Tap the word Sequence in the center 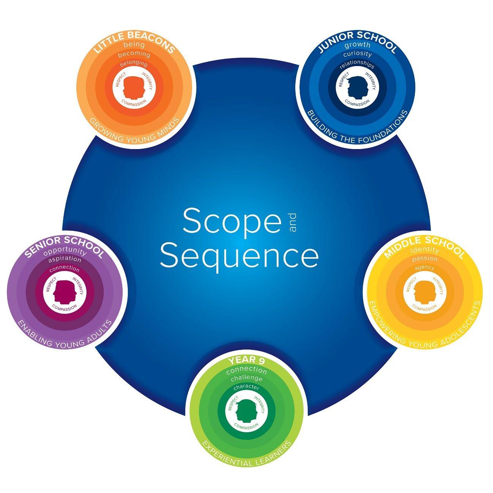[x=239, y=257]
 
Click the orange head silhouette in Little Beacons [x=134, y=87]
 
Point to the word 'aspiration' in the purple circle [x=65, y=260]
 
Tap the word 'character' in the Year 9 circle [x=246, y=387]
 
